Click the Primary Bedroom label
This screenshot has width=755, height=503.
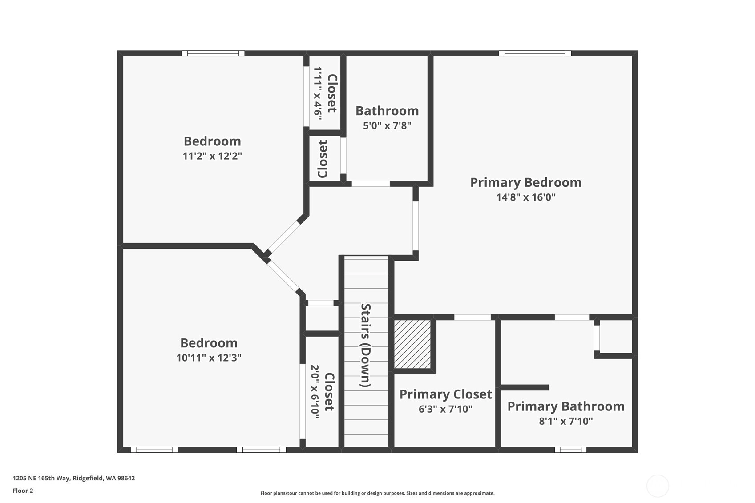pos(526,183)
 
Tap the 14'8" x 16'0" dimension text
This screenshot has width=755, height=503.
pos(526,197)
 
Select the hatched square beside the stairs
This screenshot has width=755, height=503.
pos(412,344)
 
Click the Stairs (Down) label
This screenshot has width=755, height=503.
pos(366,345)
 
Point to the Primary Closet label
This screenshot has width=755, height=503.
pos(446,394)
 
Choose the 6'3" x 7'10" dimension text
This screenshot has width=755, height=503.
pos(446,409)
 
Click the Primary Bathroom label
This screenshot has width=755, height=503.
pos(566,406)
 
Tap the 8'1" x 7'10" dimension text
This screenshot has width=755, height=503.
pos(566,421)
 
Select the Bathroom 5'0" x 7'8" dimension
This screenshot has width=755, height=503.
pos(387,126)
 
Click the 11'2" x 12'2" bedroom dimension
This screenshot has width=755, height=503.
pos(212,156)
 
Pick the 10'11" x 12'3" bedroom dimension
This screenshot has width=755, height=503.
pos(209,358)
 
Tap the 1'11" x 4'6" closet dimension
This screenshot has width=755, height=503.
pos(318,93)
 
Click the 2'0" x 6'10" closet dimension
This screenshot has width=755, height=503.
pos(315,392)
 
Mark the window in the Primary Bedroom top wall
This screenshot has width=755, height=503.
pos(535,53)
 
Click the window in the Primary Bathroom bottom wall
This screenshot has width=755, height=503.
pos(571,450)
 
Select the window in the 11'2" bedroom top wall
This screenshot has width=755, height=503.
pos(213,53)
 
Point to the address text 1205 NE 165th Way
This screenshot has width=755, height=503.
pos(42,478)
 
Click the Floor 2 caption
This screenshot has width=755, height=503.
pos(23,491)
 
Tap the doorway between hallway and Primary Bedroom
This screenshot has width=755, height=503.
pos(416,226)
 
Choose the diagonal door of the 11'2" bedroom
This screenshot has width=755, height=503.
pos(283,237)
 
